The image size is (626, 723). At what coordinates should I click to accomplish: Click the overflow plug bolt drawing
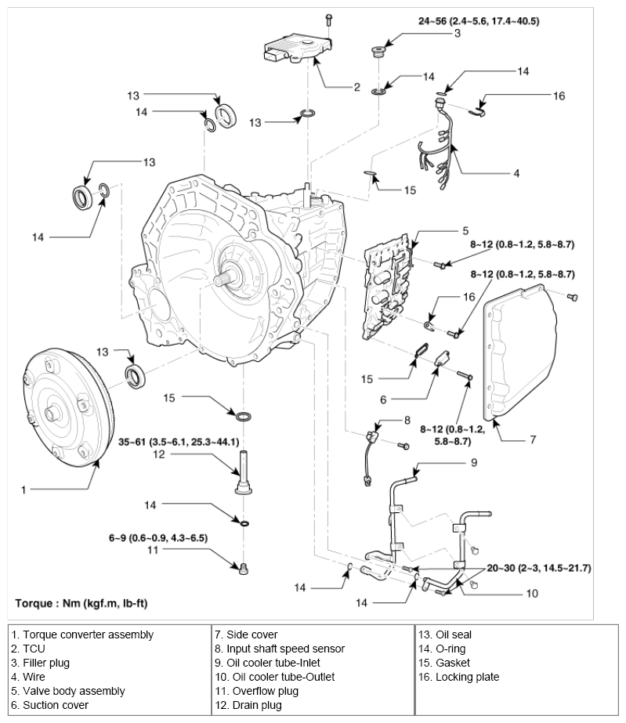[x=243, y=567]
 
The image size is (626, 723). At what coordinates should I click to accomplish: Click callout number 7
[x=532, y=439]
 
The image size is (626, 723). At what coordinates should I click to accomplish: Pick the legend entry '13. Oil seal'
[x=445, y=634]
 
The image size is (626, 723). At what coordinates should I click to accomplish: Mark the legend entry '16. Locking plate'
[x=459, y=677]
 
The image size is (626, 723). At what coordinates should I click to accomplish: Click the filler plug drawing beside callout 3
[x=378, y=54]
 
